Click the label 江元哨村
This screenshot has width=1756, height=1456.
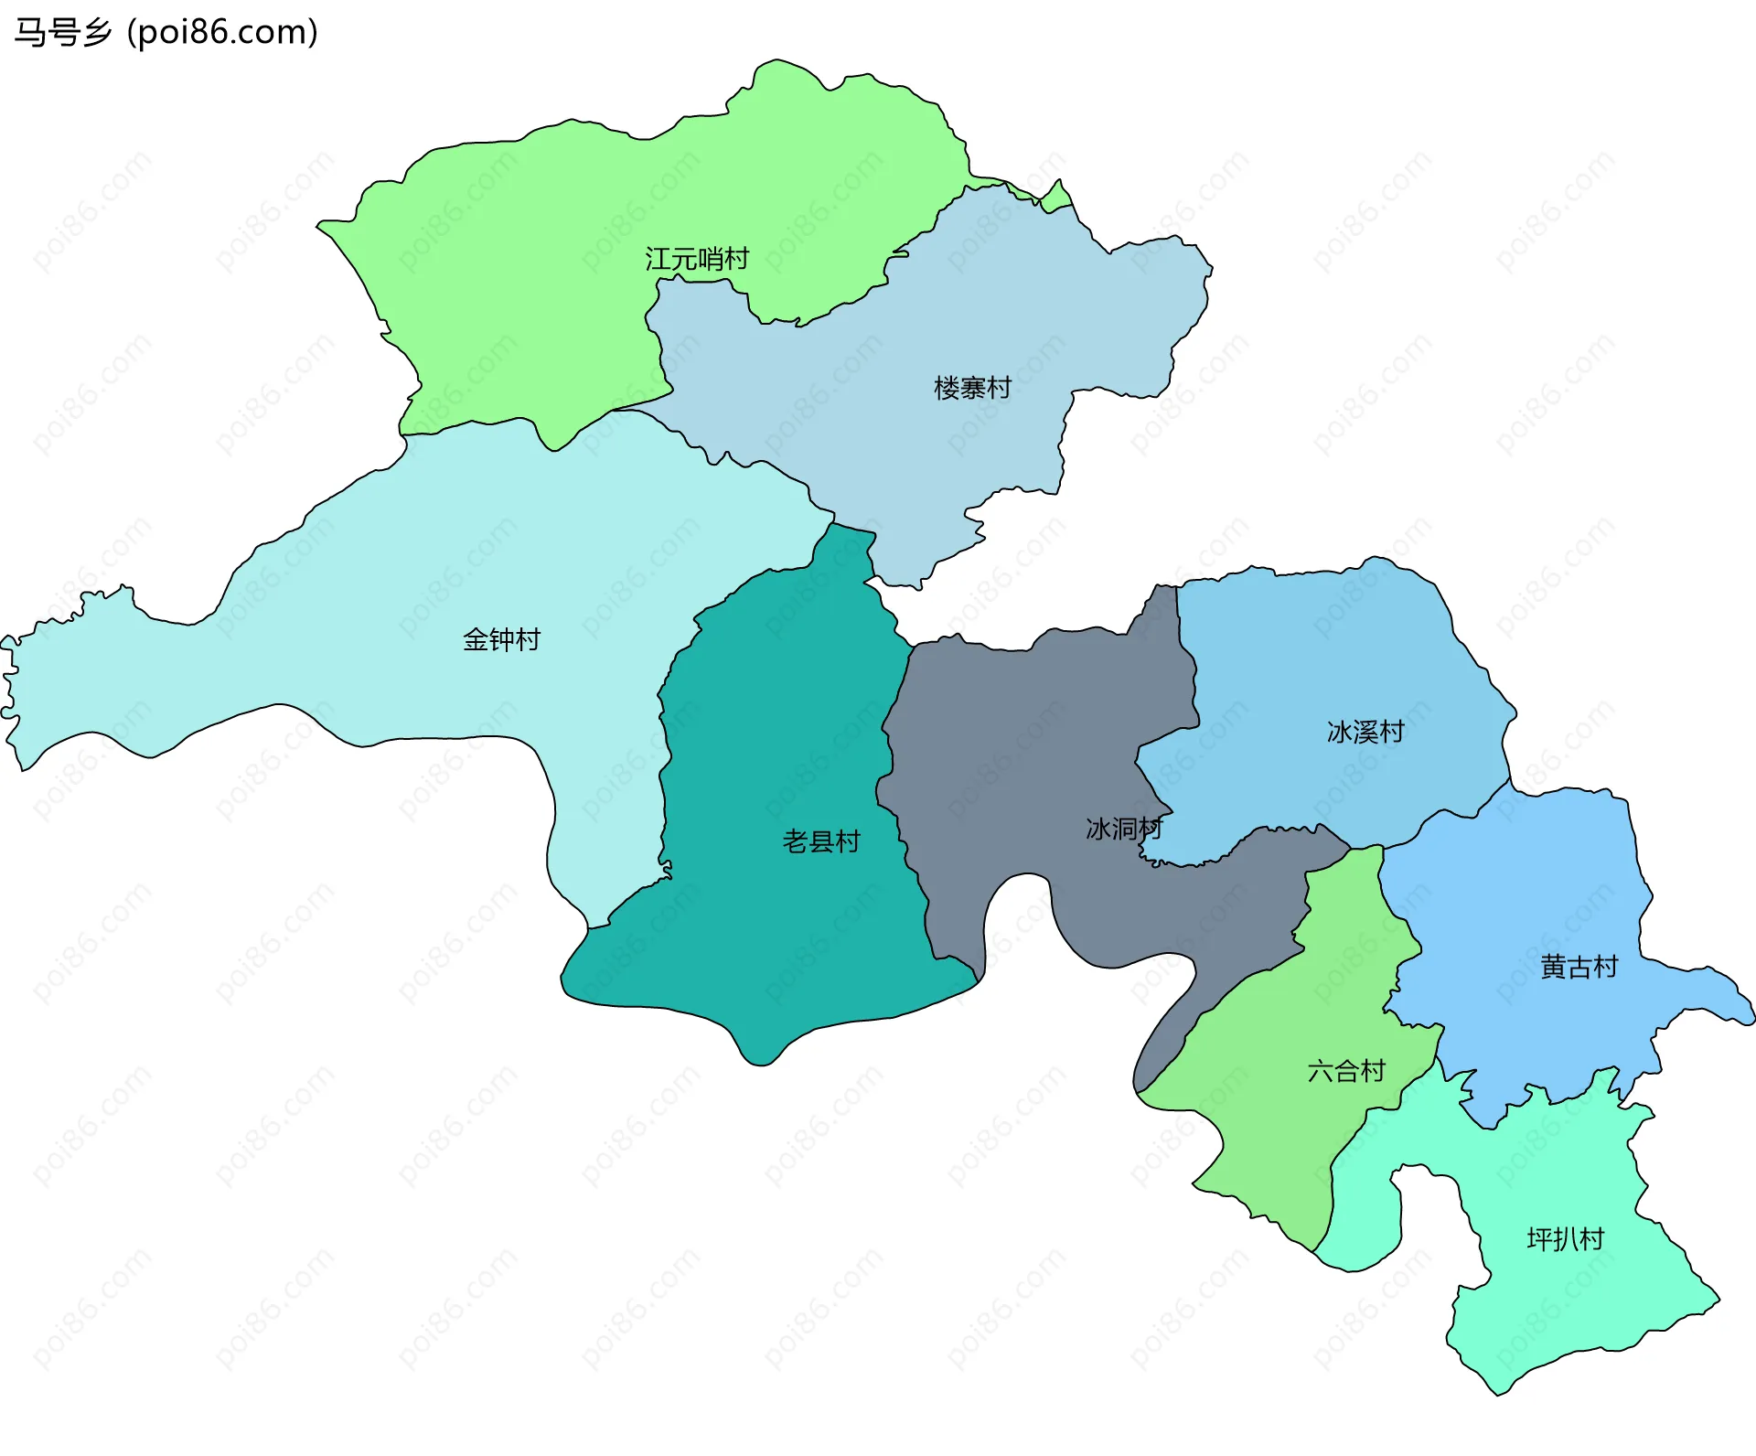coord(697,259)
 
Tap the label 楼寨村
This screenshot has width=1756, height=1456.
coord(972,388)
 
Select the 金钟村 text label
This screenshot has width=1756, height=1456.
coord(501,638)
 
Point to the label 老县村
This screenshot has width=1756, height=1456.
coord(821,840)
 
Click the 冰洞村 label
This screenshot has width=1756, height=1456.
coord(1123,829)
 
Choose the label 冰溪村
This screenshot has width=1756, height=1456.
coord(1365,732)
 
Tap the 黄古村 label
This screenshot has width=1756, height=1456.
coord(1579,967)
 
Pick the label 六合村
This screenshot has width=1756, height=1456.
coord(1346,1070)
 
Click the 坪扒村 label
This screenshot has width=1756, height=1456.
coord(1565,1239)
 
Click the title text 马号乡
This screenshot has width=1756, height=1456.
coord(62,32)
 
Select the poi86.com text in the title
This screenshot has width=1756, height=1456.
coord(222,32)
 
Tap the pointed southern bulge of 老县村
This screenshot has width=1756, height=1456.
coord(759,1052)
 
